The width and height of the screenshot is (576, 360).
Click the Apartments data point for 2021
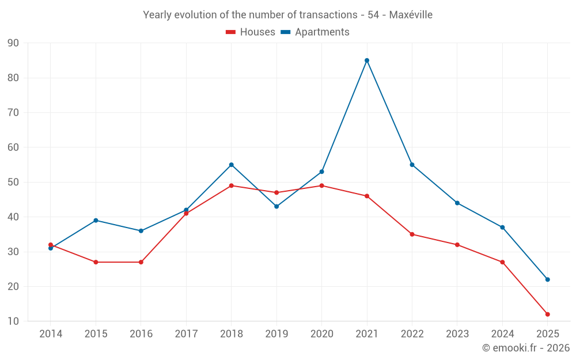[367, 60]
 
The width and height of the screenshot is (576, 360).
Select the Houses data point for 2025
[548, 314]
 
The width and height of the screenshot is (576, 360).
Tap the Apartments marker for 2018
[232, 165]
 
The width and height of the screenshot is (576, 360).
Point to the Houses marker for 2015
[96, 262]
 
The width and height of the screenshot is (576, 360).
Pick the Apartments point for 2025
[548, 279]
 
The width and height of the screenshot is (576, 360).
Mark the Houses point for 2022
[412, 234]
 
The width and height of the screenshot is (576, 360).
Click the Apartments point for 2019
[276, 206]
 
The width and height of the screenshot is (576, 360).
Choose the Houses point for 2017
[186, 213]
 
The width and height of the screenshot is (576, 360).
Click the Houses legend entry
[251, 32]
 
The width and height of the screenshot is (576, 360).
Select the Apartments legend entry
[315, 32]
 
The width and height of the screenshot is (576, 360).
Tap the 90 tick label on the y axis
[13, 43]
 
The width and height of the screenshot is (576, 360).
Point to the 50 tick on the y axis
[13, 182]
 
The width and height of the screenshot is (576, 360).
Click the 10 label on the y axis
[13, 321]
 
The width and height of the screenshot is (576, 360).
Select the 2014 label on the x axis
[51, 334]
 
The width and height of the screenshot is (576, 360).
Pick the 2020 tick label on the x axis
[321, 334]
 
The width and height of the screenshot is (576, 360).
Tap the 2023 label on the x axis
[457, 334]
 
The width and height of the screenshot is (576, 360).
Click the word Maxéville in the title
[411, 15]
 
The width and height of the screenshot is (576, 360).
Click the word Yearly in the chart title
[157, 15]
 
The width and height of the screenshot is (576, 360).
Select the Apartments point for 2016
[141, 231]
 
